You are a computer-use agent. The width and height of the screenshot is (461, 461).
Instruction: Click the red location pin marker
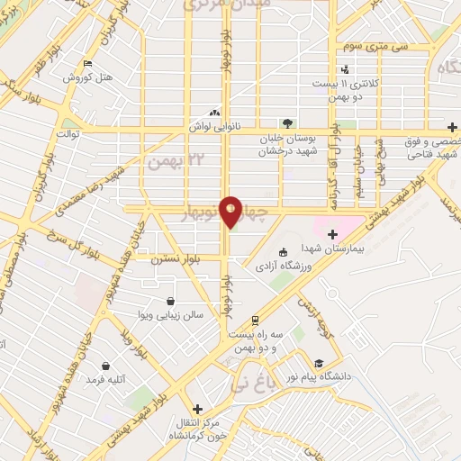[231, 211]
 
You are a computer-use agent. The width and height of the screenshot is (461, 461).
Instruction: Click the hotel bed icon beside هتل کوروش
[86, 63]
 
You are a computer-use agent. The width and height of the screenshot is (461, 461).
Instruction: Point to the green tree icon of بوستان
[286, 122]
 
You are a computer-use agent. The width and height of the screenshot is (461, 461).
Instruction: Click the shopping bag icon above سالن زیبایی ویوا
[171, 302]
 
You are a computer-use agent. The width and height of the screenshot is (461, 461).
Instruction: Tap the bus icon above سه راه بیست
[256, 320]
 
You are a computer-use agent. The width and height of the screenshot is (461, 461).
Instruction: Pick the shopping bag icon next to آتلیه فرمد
[107, 366]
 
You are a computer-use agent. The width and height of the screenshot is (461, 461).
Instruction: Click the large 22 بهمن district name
[171, 160]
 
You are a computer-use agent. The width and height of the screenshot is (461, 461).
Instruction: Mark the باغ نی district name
[250, 384]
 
